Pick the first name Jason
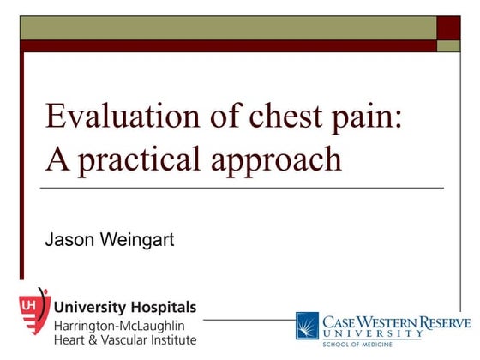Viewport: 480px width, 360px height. (69, 239)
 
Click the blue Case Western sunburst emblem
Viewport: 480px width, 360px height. (308, 327)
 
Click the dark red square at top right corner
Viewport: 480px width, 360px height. (448, 27)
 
